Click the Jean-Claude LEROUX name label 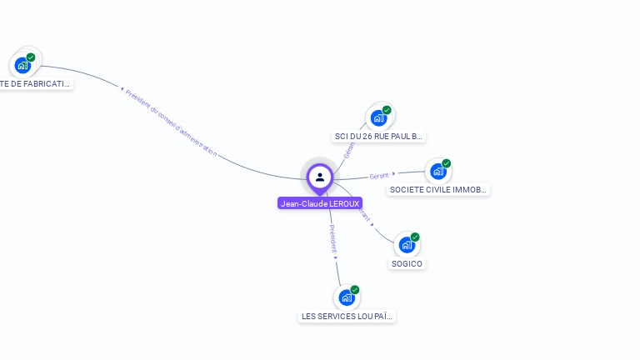[320, 203]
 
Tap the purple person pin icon [320, 177]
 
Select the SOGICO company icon [406, 245]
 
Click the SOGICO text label [407, 264]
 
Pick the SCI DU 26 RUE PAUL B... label [379, 136]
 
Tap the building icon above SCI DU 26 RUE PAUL [378, 117]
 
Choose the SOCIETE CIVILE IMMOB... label [438, 190]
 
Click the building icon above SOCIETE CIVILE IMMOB [437, 172]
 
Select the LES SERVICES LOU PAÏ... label [347, 317]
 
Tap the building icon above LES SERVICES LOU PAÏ [346, 297]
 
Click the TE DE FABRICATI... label [35, 83]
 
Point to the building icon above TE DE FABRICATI [22, 65]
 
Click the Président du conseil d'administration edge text [171, 122]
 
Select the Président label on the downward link [332, 238]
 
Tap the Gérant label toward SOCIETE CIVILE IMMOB [379, 176]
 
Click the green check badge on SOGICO [415, 237]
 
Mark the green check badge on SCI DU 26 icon [387, 110]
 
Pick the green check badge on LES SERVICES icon [355, 290]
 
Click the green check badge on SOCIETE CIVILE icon [447, 163]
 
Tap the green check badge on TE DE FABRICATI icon [31, 57]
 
